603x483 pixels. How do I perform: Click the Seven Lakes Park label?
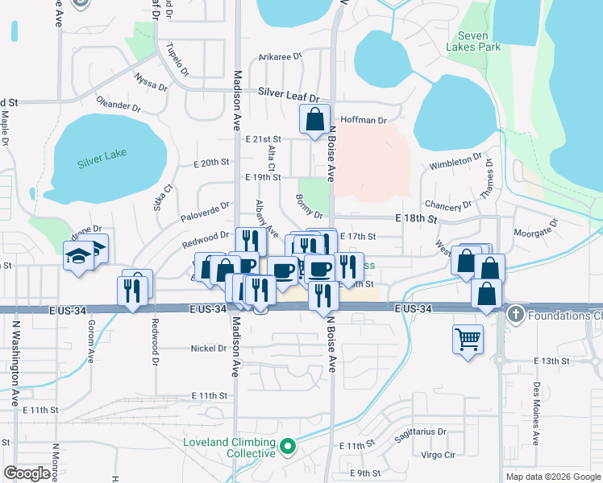click(479, 41)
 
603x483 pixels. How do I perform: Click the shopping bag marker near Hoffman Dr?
click(314, 119)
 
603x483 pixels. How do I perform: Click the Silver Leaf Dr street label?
click(289, 93)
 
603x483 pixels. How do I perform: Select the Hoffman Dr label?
click(364, 120)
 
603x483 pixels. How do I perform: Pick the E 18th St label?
click(415, 219)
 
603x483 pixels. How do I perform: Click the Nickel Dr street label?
click(209, 349)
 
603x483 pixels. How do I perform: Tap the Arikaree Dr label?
click(280, 57)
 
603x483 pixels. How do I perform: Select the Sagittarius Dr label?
click(420, 431)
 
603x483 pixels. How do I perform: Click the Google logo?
click(27, 473)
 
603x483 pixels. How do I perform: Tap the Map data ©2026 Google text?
click(552, 477)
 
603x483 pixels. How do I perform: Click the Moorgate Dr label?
click(535, 232)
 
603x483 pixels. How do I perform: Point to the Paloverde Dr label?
click(206, 210)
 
